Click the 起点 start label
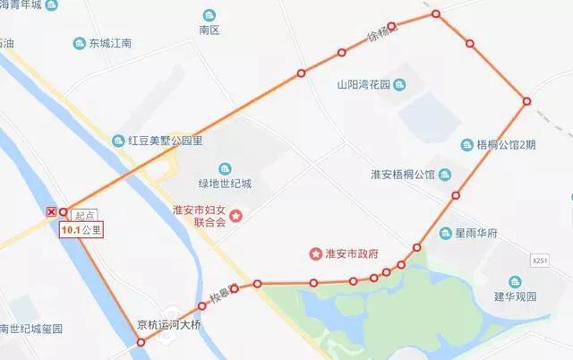point(84,216)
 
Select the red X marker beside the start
point(51,211)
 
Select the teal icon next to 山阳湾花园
point(399,85)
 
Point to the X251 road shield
point(539,260)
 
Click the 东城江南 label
point(110,43)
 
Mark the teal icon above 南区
point(209,15)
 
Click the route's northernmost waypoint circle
point(436,14)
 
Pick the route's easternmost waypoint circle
point(526,101)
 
